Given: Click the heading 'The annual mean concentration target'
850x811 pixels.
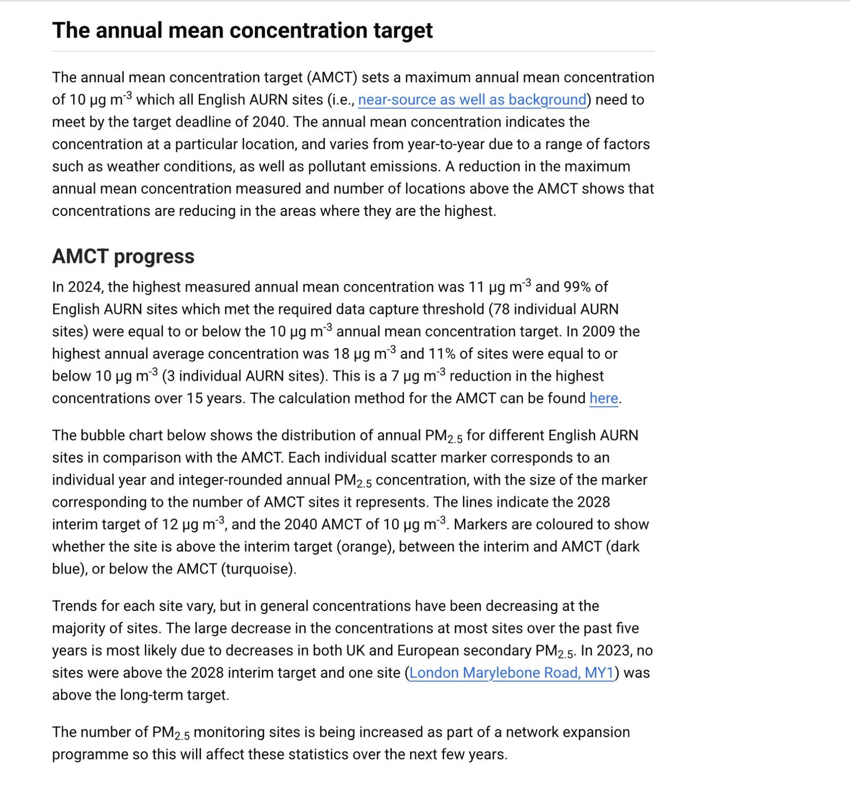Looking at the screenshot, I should coord(242,30).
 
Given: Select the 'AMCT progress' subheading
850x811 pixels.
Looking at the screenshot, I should coord(123,256).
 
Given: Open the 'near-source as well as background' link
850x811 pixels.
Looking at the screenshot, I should coord(472,100).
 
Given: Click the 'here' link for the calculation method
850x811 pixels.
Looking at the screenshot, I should coord(603,398).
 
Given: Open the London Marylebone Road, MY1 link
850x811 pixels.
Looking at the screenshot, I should coord(511,673).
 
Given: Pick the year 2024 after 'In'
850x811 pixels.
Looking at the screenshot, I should coord(84,287).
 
